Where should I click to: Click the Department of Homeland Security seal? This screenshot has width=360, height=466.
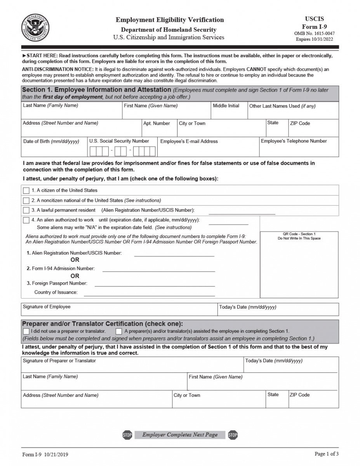(x=35, y=28)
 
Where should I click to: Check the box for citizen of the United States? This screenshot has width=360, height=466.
(x=26, y=190)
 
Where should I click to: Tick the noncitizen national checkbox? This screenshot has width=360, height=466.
(x=26, y=200)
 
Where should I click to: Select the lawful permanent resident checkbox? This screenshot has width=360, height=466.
(x=26, y=210)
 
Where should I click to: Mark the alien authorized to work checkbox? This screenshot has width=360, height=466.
(x=26, y=220)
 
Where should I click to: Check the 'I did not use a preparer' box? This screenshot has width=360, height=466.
(x=26, y=331)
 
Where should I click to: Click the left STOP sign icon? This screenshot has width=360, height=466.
(x=127, y=435)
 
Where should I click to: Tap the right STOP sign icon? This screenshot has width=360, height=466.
(x=233, y=435)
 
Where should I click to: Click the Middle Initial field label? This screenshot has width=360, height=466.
(x=226, y=106)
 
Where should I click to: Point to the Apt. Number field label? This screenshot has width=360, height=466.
(x=157, y=123)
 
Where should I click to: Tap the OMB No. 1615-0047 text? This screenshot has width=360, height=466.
(x=314, y=33)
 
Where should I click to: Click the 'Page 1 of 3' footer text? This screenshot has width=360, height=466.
(x=326, y=454)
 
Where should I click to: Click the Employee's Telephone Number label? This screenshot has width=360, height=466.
(x=294, y=141)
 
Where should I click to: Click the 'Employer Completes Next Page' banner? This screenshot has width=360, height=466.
(x=180, y=435)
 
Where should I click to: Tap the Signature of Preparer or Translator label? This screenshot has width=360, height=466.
(x=59, y=361)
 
